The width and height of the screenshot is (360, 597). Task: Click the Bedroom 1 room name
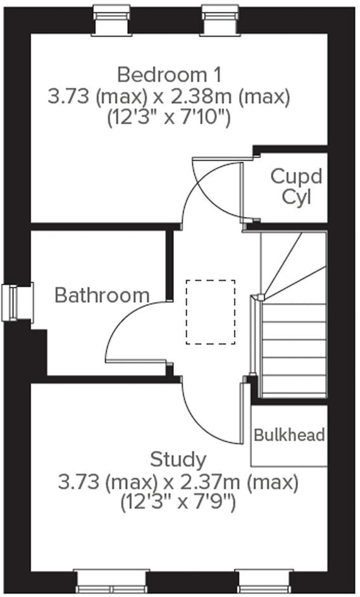170,75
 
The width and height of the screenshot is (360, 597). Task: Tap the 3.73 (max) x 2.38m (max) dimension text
170,96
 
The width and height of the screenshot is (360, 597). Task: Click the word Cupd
296,176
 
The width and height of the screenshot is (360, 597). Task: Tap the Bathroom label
102,295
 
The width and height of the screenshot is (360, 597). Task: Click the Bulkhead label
289,435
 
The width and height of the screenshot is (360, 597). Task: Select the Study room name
178,459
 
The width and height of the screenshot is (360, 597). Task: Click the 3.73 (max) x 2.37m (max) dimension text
178,483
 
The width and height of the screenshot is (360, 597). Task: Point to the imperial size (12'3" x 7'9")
178,503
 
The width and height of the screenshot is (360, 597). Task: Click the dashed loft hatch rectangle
210,312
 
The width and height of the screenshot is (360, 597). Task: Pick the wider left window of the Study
111,580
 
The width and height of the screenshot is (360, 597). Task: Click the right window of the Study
255,580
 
